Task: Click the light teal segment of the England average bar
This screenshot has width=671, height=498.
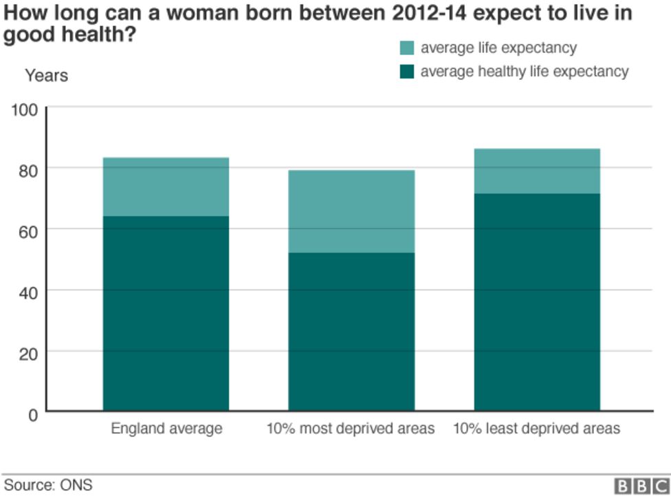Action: click(x=166, y=186)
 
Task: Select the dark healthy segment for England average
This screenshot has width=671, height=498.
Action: click(x=166, y=313)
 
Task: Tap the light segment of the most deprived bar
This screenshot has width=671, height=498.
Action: click(x=351, y=211)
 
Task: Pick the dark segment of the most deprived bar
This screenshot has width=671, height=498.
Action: click(x=351, y=332)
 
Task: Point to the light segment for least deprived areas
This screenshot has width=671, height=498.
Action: click(x=537, y=171)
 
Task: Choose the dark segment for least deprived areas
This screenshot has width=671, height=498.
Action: click(x=537, y=302)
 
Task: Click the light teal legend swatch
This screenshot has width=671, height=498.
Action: click(x=407, y=48)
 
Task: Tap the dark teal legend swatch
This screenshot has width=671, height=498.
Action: click(x=407, y=72)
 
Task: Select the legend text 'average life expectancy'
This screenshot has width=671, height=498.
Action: click(x=498, y=48)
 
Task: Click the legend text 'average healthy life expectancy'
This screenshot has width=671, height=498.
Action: click(x=525, y=72)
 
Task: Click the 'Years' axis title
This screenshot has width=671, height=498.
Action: click(x=47, y=76)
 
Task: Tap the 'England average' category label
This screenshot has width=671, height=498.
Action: click(x=166, y=429)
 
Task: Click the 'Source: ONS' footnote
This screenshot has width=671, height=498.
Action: click(x=48, y=485)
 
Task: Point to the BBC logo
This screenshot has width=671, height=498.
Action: click(x=640, y=486)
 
